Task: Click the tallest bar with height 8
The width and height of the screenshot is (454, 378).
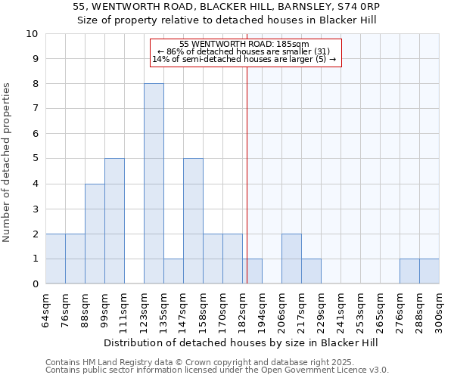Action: click(x=154, y=184)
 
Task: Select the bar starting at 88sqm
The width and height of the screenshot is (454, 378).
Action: click(x=95, y=234)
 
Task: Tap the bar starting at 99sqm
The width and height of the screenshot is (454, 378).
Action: click(x=114, y=221)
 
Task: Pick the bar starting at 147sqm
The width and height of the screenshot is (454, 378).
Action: click(x=193, y=221)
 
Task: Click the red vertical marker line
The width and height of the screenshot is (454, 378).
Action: click(x=247, y=166)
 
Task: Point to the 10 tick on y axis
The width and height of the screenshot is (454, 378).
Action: click(x=32, y=34)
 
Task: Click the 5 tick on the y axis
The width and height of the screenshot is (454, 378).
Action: click(x=35, y=159)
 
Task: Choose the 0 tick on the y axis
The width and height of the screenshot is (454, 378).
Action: click(x=35, y=284)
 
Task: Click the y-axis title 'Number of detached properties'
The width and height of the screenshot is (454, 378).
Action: click(x=8, y=163)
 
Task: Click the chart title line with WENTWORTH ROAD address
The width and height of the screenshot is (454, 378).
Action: click(x=227, y=7)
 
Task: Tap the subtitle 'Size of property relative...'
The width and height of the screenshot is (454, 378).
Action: click(x=227, y=20)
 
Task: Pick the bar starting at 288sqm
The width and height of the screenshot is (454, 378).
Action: click(x=429, y=271)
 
